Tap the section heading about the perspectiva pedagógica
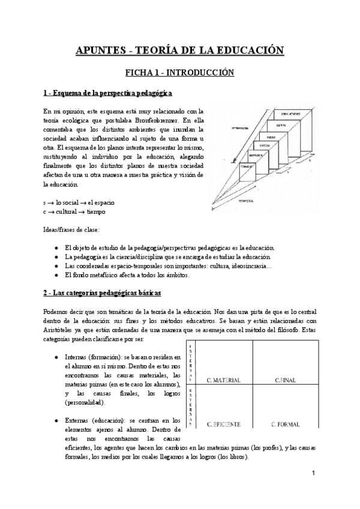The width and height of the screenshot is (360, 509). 108,94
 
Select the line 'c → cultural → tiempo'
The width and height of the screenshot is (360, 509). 74,211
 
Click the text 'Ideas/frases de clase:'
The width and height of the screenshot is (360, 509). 71,229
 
